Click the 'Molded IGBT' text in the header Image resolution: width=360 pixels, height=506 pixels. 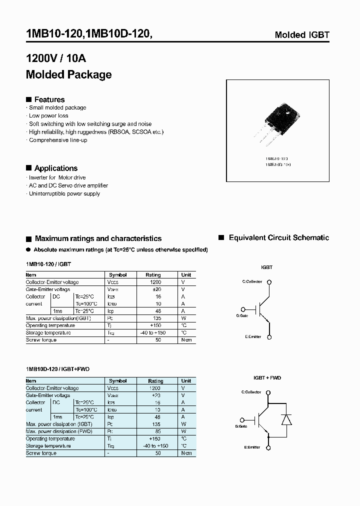(x=302, y=35)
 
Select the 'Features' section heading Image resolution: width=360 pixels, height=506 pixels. (x=49, y=99)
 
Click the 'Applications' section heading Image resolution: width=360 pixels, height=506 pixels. (x=55, y=168)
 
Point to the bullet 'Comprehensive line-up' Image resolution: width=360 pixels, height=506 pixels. (x=58, y=140)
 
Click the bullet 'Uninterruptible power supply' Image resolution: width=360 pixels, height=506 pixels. (x=64, y=193)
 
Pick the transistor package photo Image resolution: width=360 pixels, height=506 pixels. (x=277, y=122)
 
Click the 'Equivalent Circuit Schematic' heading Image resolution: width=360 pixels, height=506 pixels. (x=278, y=238)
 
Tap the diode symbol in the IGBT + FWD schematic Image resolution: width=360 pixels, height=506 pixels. (x=286, y=419)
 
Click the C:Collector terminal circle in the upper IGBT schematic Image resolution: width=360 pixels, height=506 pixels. (x=269, y=281)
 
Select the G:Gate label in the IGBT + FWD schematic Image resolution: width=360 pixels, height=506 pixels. (x=241, y=426)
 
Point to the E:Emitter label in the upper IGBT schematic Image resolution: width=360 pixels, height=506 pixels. (x=253, y=336)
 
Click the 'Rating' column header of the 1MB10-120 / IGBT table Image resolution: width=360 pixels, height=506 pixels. (x=153, y=275)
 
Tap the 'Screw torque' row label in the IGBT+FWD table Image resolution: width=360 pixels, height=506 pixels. (x=41, y=453)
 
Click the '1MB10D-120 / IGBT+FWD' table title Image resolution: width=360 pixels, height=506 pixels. (x=57, y=369)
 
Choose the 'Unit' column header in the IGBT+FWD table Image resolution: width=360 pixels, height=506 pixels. (x=186, y=381)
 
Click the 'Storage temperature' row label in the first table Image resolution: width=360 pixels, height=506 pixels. (x=48, y=332)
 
